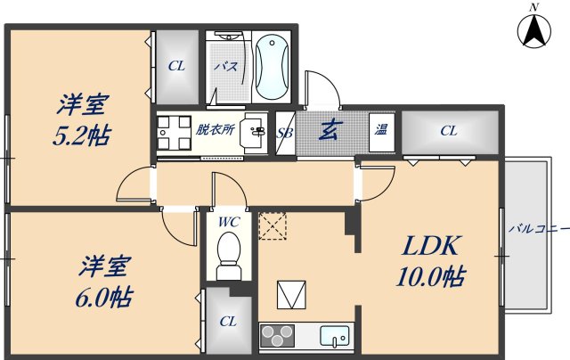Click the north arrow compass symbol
(x=534, y=30)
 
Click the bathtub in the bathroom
(x=272, y=65)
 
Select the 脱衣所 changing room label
(x=215, y=130)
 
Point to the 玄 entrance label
(x=328, y=131)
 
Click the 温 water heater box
(x=381, y=131)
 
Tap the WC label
(x=228, y=221)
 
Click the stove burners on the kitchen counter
(x=276, y=337)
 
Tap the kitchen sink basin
(x=336, y=337)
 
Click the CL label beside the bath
(x=176, y=66)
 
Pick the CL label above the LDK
(x=448, y=131)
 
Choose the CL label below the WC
(x=228, y=321)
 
